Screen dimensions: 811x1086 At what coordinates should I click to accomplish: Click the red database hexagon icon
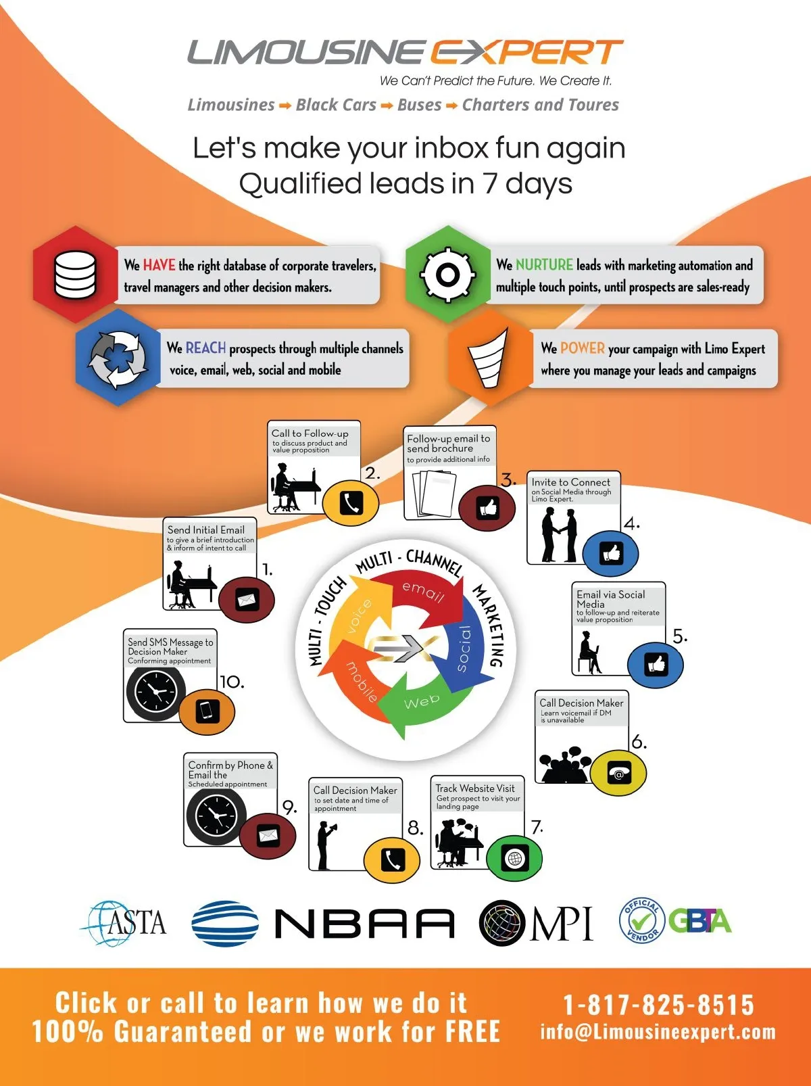click(x=75, y=275)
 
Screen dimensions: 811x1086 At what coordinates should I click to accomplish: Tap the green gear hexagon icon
click(x=448, y=275)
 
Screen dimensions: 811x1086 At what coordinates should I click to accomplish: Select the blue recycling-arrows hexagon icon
click(x=118, y=358)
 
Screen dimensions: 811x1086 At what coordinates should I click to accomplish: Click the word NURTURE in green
click(x=544, y=265)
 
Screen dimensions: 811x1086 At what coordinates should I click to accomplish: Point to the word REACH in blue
click(x=205, y=348)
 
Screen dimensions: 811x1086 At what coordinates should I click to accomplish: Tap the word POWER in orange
click(x=582, y=348)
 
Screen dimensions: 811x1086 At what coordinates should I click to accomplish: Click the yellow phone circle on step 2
click(x=351, y=504)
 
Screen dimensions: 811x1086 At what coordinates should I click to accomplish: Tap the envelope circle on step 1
click(x=247, y=600)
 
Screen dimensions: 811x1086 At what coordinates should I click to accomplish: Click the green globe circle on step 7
click(x=514, y=858)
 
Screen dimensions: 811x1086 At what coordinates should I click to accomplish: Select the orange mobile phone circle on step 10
click(x=207, y=711)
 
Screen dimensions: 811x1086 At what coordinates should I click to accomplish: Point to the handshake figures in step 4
click(x=560, y=535)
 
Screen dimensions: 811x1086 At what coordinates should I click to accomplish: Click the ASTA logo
click(x=124, y=923)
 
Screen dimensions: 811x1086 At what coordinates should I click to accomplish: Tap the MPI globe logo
click(x=536, y=923)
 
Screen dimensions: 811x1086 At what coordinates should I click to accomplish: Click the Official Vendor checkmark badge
click(x=642, y=921)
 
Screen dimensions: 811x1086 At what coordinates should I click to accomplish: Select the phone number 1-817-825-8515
click(x=659, y=1005)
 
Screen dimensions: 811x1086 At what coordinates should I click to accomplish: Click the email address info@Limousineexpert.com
click(x=658, y=1032)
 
